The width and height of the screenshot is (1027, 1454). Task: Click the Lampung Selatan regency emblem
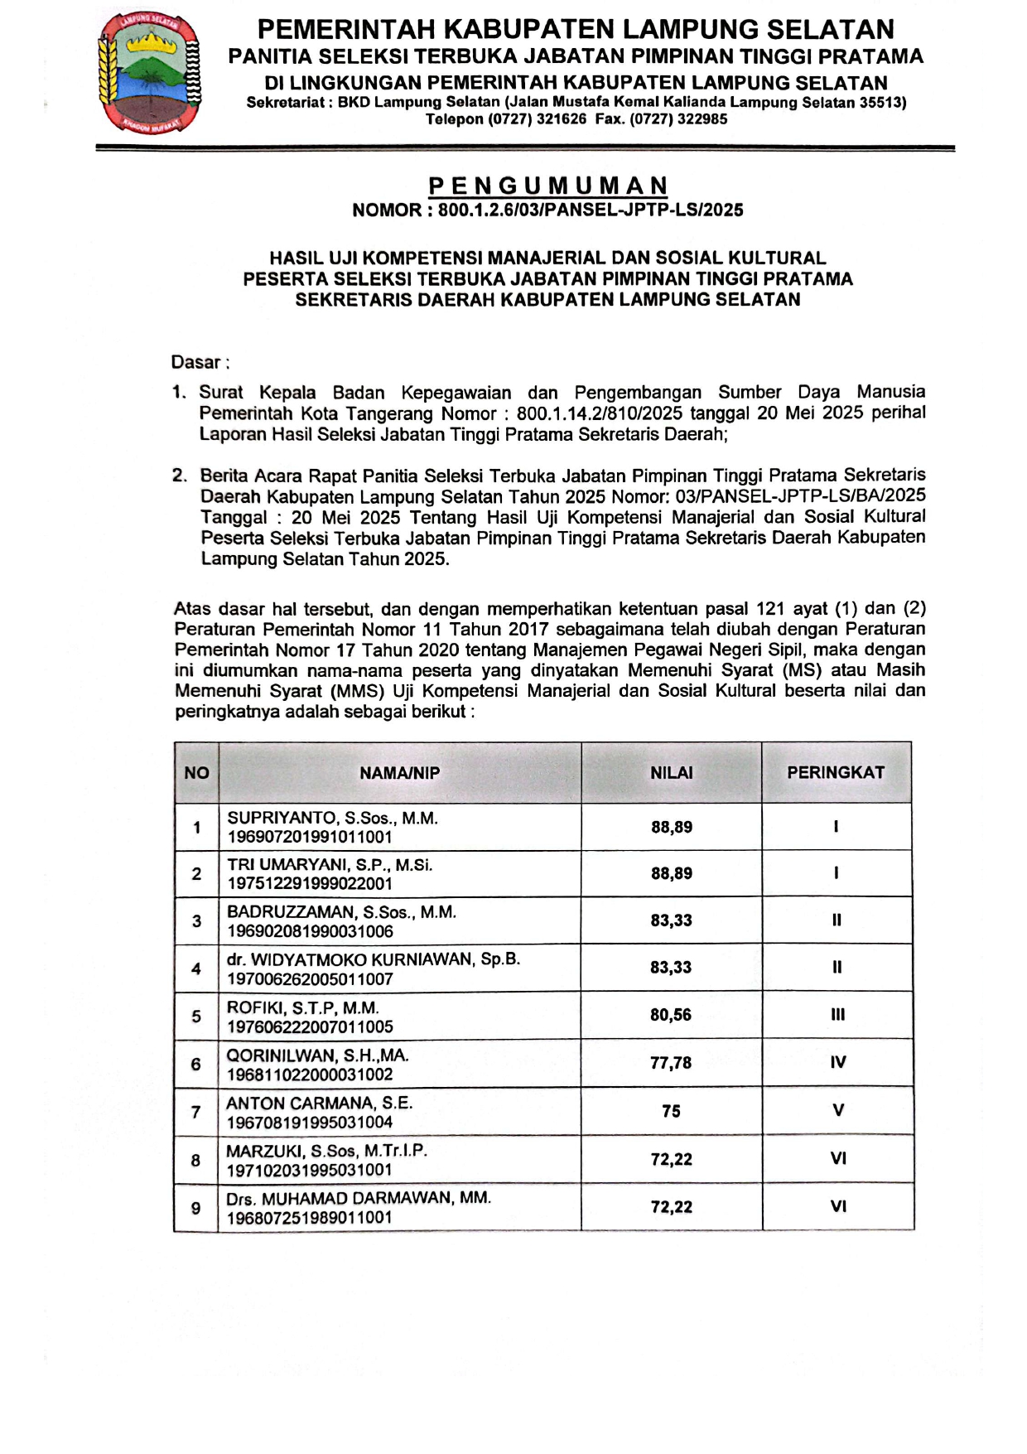pyautogui.click(x=149, y=73)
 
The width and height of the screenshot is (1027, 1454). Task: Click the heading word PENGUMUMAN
pyautogui.click(x=547, y=186)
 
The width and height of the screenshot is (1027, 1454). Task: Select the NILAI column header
pyautogui.click(x=671, y=773)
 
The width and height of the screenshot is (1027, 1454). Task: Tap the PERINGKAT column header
pyautogui.click(x=836, y=773)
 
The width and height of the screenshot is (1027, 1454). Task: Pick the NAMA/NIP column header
pyautogui.click(x=399, y=773)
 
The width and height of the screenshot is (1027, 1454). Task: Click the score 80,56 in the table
pyautogui.click(x=671, y=1015)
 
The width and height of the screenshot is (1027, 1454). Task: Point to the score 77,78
pyautogui.click(x=671, y=1063)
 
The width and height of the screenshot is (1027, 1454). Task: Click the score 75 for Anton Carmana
pyautogui.click(x=671, y=1111)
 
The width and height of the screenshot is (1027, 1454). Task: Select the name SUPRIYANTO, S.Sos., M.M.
pyautogui.click(x=332, y=818)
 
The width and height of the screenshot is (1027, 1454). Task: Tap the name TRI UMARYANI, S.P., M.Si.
pyautogui.click(x=330, y=865)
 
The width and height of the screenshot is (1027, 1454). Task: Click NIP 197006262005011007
pyautogui.click(x=310, y=979)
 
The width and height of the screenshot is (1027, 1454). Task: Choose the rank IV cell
pyautogui.click(x=837, y=1062)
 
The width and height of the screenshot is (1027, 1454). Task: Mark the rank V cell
pyautogui.click(x=837, y=1110)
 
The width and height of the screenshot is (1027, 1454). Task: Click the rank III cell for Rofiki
pyautogui.click(x=837, y=1015)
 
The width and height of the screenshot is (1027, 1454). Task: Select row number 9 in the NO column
pyautogui.click(x=196, y=1208)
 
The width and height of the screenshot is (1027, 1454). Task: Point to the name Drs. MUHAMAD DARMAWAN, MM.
pyautogui.click(x=359, y=1198)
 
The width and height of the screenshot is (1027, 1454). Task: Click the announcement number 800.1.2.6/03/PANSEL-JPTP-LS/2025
pyautogui.click(x=591, y=210)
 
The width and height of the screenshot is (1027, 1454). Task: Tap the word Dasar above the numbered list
pyautogui.click(x=196, y=362)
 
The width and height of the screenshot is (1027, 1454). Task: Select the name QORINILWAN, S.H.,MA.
pyautogui.click(x=317, y=1055)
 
